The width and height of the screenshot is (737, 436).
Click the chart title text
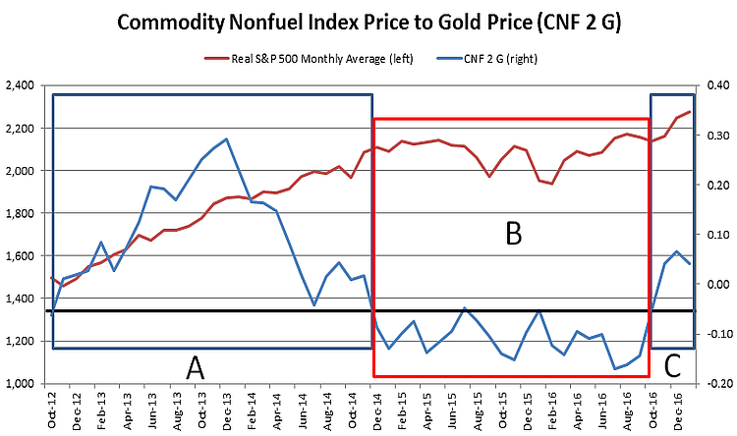coord(368,23)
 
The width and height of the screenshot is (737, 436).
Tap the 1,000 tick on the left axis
coord(20,384)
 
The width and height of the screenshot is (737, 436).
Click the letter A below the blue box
coord(196,368)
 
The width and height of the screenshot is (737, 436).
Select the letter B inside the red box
coord(512,233)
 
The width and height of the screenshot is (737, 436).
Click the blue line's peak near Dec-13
coord(227,138)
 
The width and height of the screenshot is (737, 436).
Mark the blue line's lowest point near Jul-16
coord(614,369)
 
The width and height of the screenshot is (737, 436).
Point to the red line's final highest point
coord(689,111)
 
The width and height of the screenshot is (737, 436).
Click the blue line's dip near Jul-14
coord(314,305)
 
